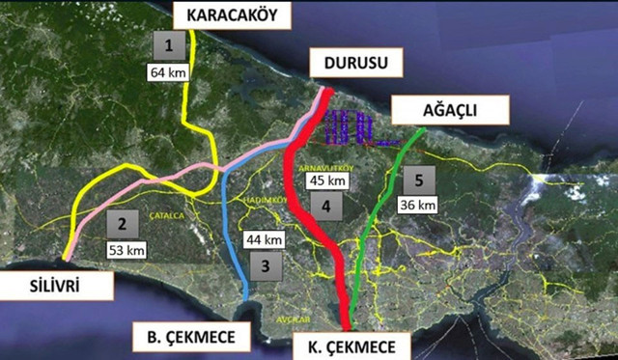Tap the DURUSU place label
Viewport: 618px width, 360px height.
point(347,64)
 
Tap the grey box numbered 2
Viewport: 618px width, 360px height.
point(122,225)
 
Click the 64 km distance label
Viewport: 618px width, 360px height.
point(168,72)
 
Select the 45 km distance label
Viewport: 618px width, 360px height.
point(326,180)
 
